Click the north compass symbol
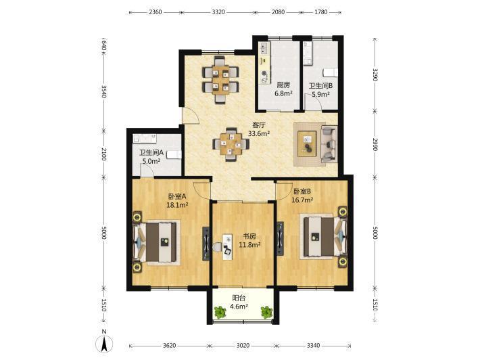click(104, 343)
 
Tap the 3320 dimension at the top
click(218, 12)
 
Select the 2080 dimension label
click(278, 12)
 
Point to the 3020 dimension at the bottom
click(243, 346)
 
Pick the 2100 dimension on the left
click(104, 154)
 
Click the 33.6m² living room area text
click(259, 133)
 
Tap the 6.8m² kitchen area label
click(283, 93)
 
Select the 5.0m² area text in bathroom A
click(151, 161)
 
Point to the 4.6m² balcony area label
click(239, 306)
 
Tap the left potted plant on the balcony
click(220, 312)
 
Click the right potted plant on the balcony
click(266, 312)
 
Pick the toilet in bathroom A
click(174, 154)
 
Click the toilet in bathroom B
click(331, 72)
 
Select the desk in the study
click(227, 247)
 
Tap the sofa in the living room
click(329, 144)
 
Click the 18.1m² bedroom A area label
click(177, 205)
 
